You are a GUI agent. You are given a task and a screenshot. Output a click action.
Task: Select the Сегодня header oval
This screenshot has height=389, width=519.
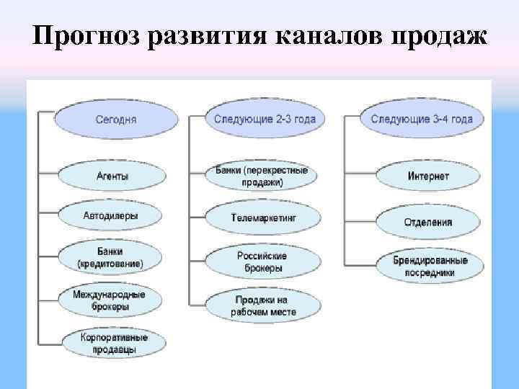(x=116, y=119)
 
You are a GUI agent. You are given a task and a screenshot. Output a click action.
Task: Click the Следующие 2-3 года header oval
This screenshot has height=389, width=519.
(x=265, y=119)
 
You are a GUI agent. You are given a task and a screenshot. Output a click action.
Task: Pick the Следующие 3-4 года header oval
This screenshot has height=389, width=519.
(x=422, y=119)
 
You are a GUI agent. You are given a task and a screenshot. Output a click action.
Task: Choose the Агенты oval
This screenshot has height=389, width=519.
(x=112, y=175)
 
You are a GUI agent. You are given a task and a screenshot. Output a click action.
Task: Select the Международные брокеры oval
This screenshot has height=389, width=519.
(x=110, y=300)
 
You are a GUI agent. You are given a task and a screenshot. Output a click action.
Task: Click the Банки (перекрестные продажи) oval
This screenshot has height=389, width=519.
(x=262, y=176)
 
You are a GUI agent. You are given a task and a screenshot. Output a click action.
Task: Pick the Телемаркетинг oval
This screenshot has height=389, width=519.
(x=263, y=217)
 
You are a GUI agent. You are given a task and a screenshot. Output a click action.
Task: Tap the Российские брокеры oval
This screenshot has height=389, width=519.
(x=262, y=261)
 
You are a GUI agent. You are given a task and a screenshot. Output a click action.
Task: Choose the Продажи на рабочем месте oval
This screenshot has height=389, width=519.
(x=263, y=305)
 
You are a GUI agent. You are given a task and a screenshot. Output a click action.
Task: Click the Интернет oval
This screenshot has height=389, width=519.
(x=428, y=176)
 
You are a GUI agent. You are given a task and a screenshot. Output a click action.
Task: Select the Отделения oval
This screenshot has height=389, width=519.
(x=428, y=222)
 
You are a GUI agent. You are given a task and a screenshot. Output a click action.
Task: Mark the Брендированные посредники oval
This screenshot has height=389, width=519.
(x=430, y=266)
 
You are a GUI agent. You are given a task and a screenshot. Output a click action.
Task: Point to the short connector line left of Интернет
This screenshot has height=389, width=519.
(x=360, y=174)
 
